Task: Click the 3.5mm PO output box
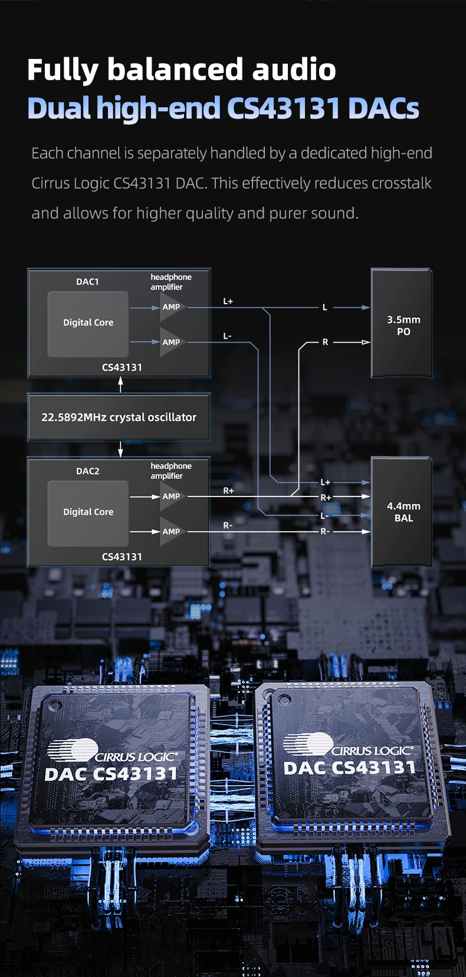click(x=402, y=324)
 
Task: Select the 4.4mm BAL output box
click(x=402, y=512)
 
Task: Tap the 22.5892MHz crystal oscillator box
click(x=119, y=417)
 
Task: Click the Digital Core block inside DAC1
click(x=88, y=323)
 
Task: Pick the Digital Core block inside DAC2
click(x=88, y=512)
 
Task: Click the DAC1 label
click(x=87, y=282)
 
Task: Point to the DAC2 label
click(x=87, y=471)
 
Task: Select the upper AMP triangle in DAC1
click(x=172, y=307)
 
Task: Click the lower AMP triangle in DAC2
click(x=172, y=531)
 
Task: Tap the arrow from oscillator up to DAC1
click(x=120, y=385)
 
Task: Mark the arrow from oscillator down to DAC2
click(x=120, y=449)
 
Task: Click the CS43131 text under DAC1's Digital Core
click(x=122, y=367)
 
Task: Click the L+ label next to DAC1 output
click(x=228, y=301)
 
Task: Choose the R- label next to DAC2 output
click(x=228, y=525)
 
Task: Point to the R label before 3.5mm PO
click(x=325, y=342)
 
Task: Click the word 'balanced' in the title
click(x=175, y=70)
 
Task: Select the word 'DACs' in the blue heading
click(x=383, y=108)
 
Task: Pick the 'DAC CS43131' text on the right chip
click(x=349, y=768)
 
